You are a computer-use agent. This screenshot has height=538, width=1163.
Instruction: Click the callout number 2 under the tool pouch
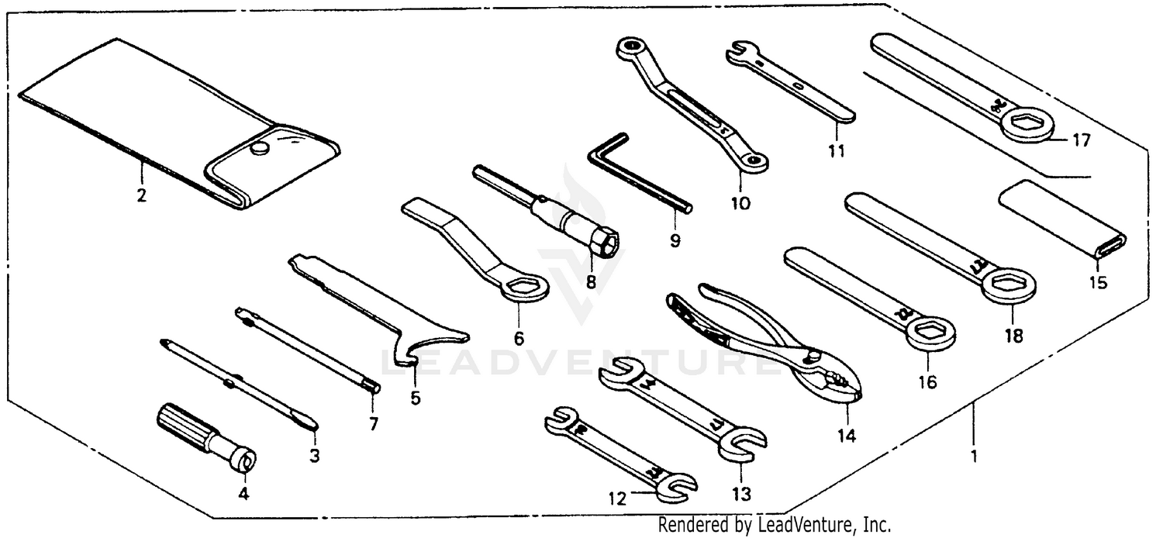(141, 196)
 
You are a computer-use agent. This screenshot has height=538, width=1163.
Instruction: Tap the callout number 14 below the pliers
(846, 436)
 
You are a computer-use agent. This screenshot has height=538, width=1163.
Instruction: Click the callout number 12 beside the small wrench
(616, 499)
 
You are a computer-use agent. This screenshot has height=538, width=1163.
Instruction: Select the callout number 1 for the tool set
(974, 456)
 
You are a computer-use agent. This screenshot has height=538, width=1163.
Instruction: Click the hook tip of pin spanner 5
(404, 358)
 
